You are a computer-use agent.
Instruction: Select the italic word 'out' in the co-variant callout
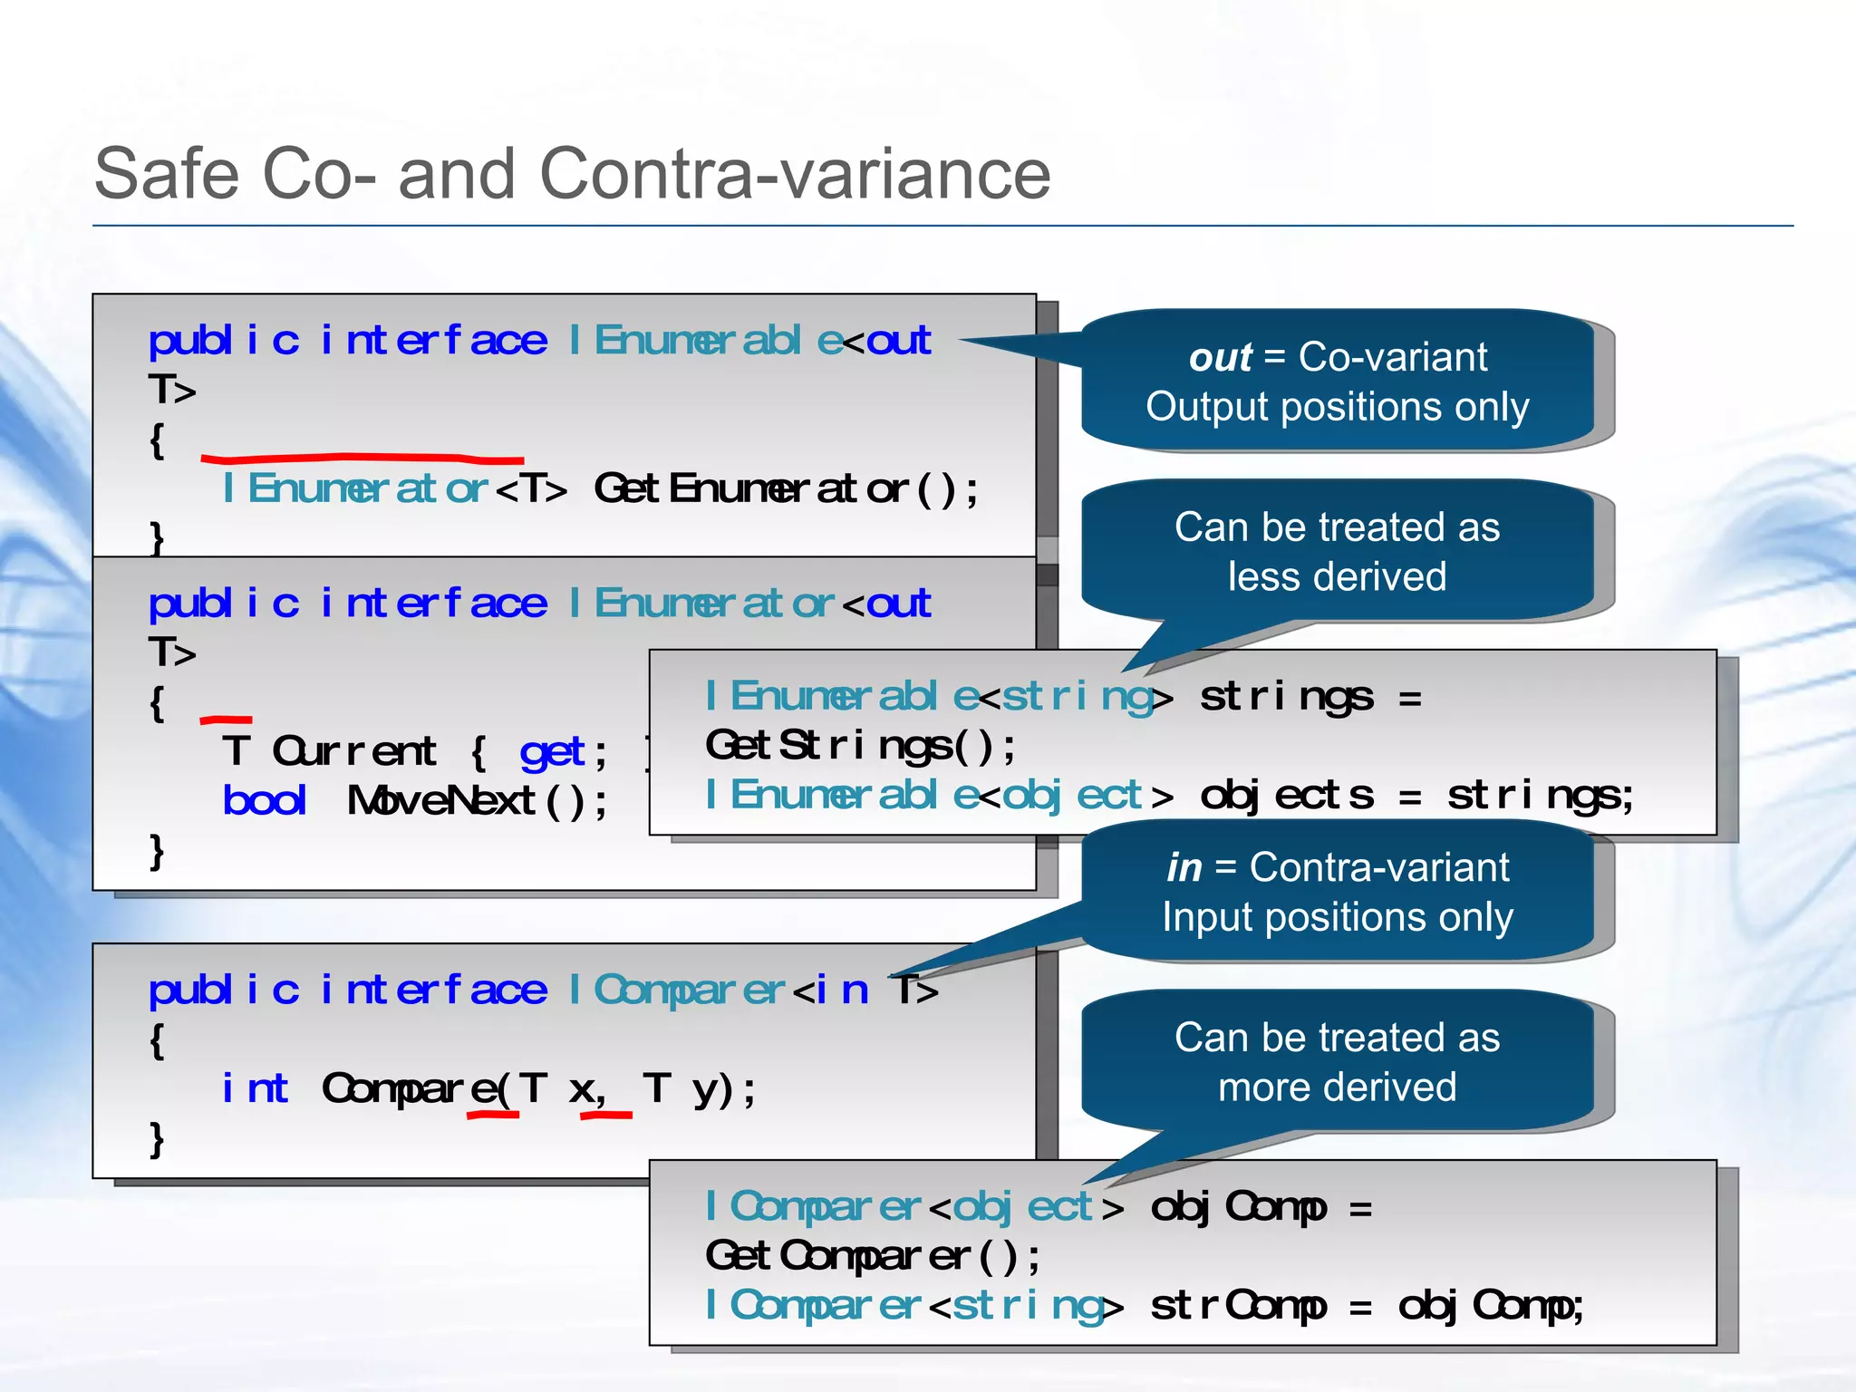tap(1220, 357)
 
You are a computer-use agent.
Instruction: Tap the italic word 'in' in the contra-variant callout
tap(1184, 867)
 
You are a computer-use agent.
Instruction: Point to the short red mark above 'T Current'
tap(226, 720)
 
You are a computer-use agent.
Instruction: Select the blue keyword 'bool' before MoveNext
tap(265, 800)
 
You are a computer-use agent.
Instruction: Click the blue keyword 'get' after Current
tap(552, 751)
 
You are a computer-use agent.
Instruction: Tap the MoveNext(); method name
tap(477, 800)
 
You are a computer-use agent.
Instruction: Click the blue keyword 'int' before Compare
tap(255, 1088)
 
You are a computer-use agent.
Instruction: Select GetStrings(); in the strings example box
tap(861, 746)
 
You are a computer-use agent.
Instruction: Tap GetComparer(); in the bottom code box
tap(873, 1256)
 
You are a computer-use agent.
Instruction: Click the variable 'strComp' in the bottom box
tap(1238, 1305)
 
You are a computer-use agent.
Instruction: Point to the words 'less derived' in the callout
tap(1337, 576)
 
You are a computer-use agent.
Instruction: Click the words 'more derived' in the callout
tap(1337, 1087)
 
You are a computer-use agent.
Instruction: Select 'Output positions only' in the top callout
tap(1337, 406)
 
